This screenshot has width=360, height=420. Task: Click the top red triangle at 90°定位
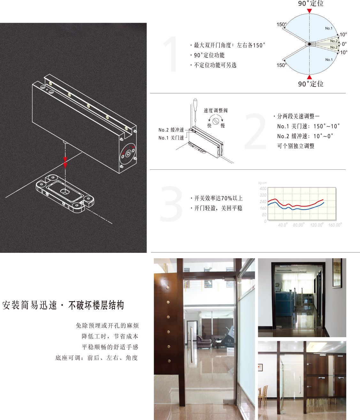click(309, 11)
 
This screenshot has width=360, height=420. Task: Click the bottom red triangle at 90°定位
click(309, 77)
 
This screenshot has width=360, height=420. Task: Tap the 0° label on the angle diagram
click(344, 44)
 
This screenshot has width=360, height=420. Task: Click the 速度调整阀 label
click(216, 111)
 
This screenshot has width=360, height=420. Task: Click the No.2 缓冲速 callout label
click(171, 130)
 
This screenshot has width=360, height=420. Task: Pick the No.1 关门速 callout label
click(171, 138)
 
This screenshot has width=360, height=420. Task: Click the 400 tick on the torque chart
click(263, 189)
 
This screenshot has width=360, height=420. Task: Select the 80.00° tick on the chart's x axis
click(299, 225)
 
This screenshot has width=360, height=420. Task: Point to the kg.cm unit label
click(262, 183)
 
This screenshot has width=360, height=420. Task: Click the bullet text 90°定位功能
click(209, 55)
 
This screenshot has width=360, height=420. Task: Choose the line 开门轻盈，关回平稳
click(218, 208)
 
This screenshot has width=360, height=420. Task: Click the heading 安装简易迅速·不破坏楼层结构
click(63, 305)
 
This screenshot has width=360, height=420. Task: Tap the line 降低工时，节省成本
click(110, 336)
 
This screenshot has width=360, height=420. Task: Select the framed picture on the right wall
click(337, 273)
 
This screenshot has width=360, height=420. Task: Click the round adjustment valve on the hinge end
click(128, 154)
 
